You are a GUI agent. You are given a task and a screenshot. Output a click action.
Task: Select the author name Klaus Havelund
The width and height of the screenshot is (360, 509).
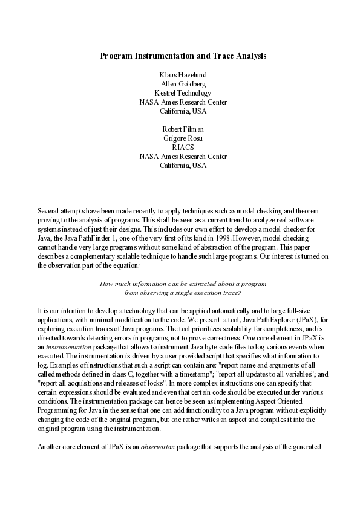[x=183, y=75]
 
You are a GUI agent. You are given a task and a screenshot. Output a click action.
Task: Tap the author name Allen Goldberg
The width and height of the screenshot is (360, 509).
[x=183, y=84]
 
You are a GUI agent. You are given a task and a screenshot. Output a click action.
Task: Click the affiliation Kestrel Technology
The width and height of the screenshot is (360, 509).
[x=183, y=93]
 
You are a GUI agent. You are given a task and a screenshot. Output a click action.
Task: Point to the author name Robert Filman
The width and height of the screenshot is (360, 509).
[x=183, y=129]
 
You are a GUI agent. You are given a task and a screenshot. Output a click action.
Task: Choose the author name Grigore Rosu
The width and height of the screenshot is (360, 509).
[x=183, y=138]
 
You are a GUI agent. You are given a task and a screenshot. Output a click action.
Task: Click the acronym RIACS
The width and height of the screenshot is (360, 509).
[x=183, y=148]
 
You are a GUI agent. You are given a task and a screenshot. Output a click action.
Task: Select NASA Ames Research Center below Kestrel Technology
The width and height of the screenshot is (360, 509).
[x=183, y=102]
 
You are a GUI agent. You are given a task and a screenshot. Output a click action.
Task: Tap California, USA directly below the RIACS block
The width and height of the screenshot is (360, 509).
[x=183, y=166]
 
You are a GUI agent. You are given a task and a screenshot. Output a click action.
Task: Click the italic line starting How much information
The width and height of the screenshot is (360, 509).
[x=183, y=284]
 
